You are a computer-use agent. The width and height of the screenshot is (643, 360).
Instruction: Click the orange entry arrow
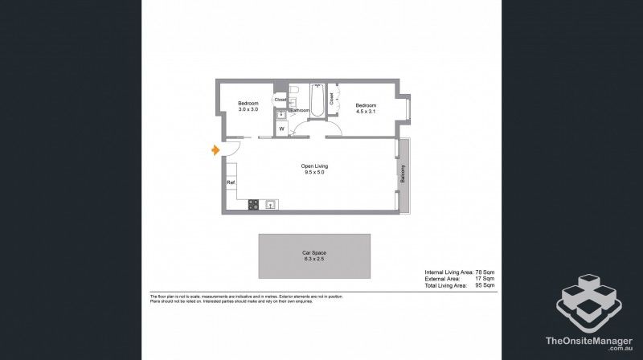(215, 150)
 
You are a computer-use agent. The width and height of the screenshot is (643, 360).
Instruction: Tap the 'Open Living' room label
(315, 166)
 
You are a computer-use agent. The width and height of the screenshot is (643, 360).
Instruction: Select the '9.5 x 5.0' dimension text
(315, 173)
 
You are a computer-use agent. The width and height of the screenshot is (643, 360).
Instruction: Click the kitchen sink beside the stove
(270, 204)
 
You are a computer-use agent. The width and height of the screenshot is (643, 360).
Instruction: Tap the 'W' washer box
(282, 129)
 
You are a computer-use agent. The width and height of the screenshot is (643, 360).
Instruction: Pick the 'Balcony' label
(403, 174)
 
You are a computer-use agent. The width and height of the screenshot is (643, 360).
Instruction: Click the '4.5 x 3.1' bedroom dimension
(367, 111)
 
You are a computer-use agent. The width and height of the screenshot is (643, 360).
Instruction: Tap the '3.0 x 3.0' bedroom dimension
(248, 109)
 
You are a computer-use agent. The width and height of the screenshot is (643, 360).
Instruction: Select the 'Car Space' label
(313, 252)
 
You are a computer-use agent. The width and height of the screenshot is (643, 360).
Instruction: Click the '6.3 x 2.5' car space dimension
(313, 259)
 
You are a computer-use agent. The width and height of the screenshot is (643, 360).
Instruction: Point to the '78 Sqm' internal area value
(485, 272)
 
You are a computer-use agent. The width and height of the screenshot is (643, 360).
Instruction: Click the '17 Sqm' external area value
(485, 279)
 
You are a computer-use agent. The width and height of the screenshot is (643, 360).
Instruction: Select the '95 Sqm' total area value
(485, 285)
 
